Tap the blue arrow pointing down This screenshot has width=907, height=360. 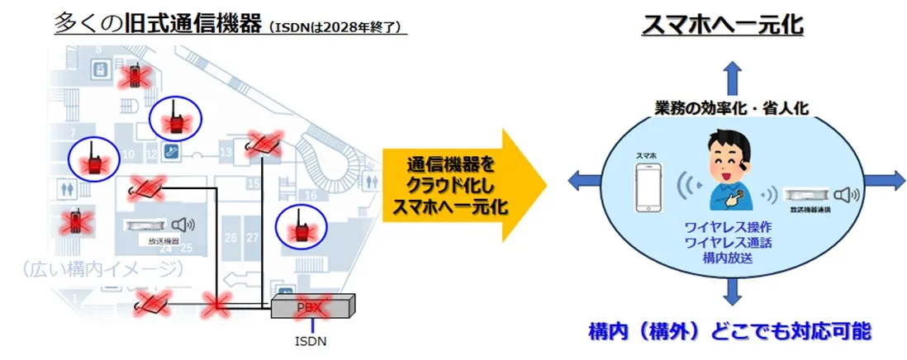pyautogui.click(x=731, y=291)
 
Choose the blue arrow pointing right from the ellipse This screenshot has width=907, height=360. pyautogui.click(x=884, y=178)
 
